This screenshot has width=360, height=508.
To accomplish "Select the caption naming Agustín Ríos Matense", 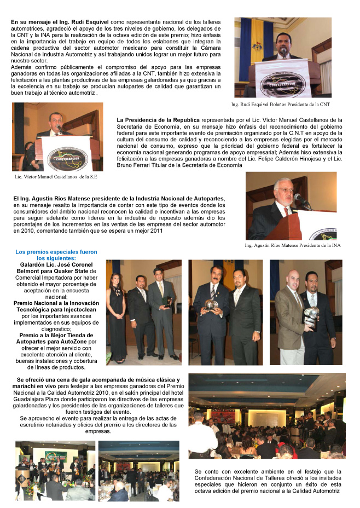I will tap(293, 245).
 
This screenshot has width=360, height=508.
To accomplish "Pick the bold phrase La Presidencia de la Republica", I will tap(158, 119).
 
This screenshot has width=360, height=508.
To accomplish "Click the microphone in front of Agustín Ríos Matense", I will tap(299, 198).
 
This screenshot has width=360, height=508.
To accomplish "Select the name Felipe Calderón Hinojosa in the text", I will tap(289, 158).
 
